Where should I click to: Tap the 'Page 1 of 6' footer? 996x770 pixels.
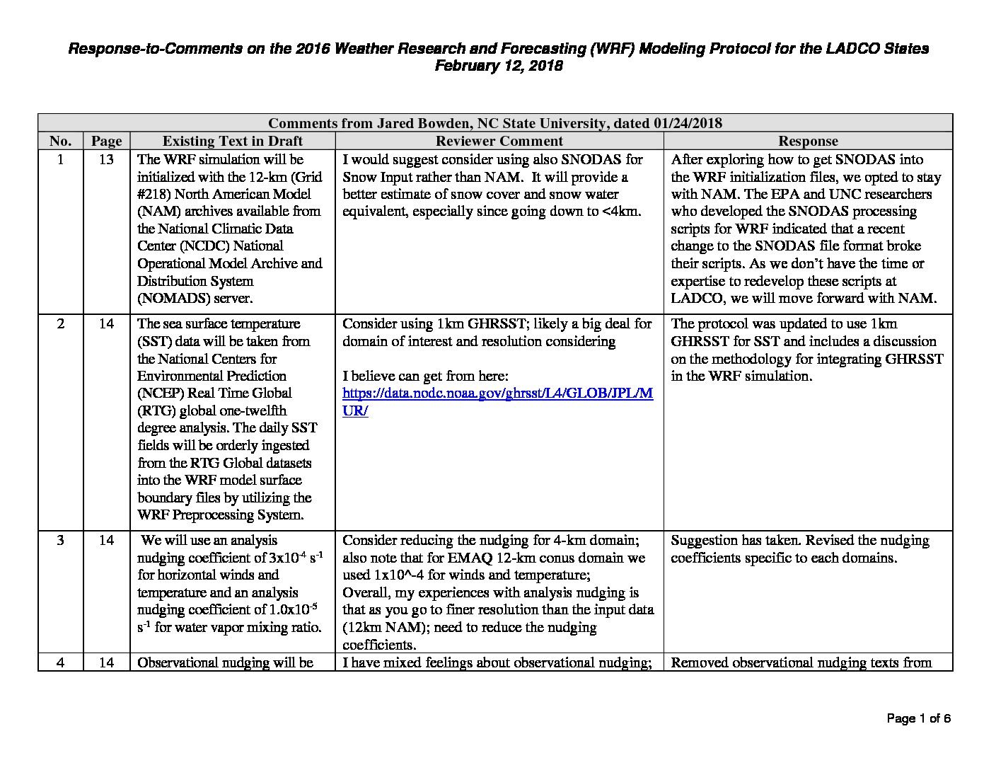click(918, 719)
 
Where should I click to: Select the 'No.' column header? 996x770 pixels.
click(60, 141)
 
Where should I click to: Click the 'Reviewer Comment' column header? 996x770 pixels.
click(499, 141)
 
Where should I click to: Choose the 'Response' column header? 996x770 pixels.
click(807, 141)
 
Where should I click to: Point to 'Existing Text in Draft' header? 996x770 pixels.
click(232, 141)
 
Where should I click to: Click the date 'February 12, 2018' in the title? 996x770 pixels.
click(498, 66)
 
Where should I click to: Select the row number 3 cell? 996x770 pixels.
click(60, 541)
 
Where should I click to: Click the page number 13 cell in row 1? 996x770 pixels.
click(106, 159)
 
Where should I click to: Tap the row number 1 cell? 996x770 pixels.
click(60, 159)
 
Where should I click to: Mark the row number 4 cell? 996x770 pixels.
click(60, 663)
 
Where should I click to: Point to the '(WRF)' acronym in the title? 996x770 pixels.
click(608, 49)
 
